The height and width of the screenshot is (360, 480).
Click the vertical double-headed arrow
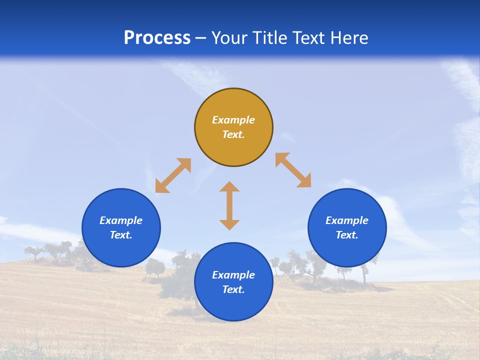tap(229, 205)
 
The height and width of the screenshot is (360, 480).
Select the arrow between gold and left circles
tap(173, 175)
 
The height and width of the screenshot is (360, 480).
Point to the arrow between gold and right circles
tap(293, 170)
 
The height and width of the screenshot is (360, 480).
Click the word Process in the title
tap(157, 38)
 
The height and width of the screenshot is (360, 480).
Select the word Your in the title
tap(227, 38)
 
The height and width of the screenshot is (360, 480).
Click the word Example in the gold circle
tap(233, 120)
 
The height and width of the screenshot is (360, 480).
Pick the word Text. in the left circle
tap(121, 235)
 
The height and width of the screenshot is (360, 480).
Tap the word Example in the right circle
tap(347, 220)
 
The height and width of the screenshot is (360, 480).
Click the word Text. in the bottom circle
tap(233, 289)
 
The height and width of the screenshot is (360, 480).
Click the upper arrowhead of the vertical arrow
tap(229, 186)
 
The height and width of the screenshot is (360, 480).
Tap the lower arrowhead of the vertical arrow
tap(229, 224)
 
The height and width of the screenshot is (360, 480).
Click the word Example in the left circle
tap(121, 220)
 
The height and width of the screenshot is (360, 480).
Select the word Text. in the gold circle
tap(233, 134)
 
